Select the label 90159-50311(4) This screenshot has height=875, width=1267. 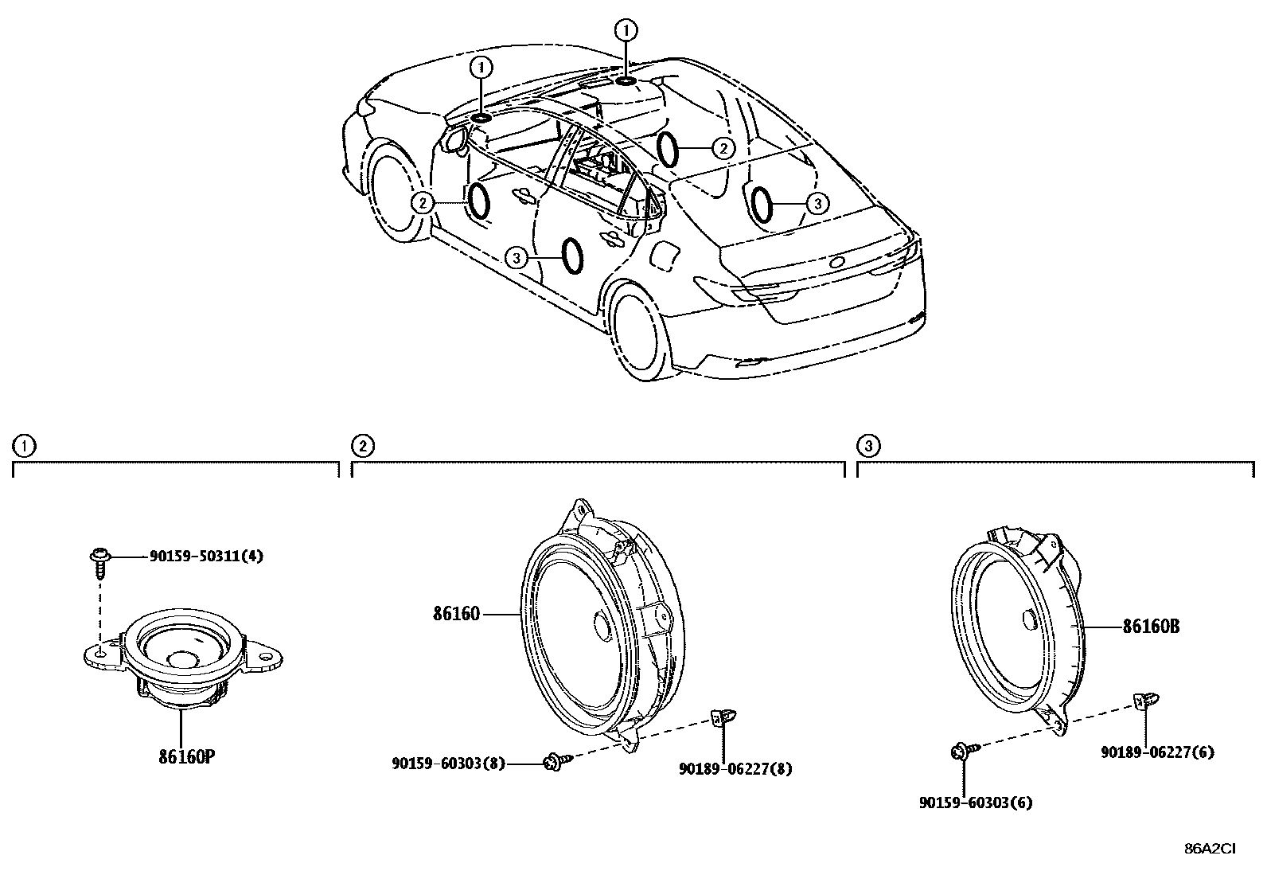point(206,557)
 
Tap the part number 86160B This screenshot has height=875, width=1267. point(1150,627)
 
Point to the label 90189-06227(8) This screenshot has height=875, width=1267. point(735,769)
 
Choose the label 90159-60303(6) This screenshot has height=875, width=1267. point(975,803)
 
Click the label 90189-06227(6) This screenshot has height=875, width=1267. point(1157,752)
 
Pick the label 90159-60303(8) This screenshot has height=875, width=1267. point(448,763)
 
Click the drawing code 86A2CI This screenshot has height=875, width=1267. point(1210,849)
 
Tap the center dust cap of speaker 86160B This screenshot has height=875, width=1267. point(1027,619)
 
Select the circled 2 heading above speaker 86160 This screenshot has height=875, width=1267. point(362,446)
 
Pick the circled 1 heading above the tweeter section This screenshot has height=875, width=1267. point(24,446)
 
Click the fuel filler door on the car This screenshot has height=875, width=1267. point(665,256)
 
